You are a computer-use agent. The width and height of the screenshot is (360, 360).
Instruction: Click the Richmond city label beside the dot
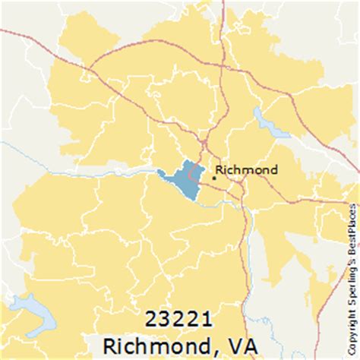247,169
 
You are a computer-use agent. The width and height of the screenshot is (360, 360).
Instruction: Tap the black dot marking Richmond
213,177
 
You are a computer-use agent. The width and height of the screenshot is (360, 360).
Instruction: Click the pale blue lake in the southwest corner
34,314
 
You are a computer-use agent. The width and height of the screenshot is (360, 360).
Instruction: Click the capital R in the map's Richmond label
220,169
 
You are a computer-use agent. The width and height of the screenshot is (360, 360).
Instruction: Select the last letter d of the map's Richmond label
273,169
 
